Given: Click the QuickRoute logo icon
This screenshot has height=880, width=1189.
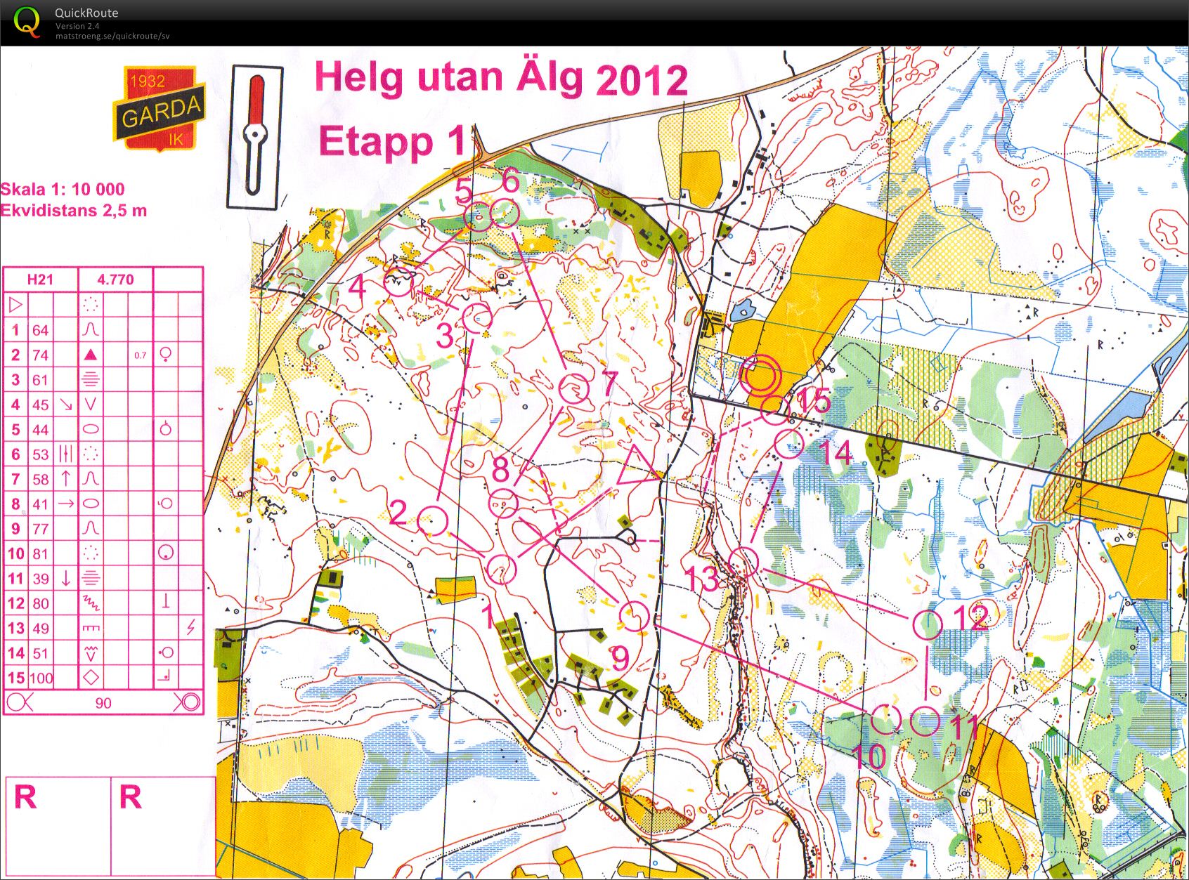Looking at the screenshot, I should pyautogui.click(x=27, y=21).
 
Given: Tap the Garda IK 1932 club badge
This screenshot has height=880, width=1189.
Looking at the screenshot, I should pyautogui.click(x=160, y=109).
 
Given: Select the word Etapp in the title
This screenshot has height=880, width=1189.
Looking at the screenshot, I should pyautogui.click(x=375, y=143).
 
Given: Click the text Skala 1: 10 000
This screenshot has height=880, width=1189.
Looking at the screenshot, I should pyautogui.click(x=63, y=189).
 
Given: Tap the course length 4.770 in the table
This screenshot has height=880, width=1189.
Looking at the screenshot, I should pyautogui.click(x=115, y=280).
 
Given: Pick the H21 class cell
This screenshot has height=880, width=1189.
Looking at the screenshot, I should pyautogui.click(x=40, y=280).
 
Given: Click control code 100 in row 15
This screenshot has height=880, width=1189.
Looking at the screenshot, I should pyautogui.click(x=41, y=678).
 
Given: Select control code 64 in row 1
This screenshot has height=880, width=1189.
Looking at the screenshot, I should pyautogui.click(x=41, y=330).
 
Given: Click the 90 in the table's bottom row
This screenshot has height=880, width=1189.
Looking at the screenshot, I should pyautogui.click(x=103, y=703).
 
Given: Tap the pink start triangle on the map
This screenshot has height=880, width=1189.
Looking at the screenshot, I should pyautogui.click(x=637, y=466).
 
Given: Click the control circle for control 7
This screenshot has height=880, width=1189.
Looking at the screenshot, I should pyautogui.click(x=574, y=388).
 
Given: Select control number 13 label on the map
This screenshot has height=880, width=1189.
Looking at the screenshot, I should pyautogui.click(x=701, y=579).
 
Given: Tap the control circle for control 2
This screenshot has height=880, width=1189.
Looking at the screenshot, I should pyautogui.click(x=433, y=521).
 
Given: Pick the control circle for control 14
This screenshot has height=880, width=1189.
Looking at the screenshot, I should pyautogui.click(x=788, y=444).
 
